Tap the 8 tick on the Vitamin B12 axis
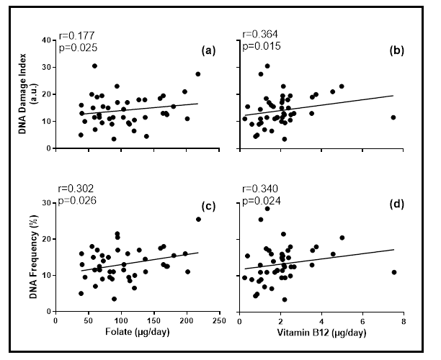coord(404,323)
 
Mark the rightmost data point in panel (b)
coord(393,117)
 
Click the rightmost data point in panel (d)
coord(393,272)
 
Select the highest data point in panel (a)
coord(94,66)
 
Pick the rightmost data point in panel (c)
coord(198,219)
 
